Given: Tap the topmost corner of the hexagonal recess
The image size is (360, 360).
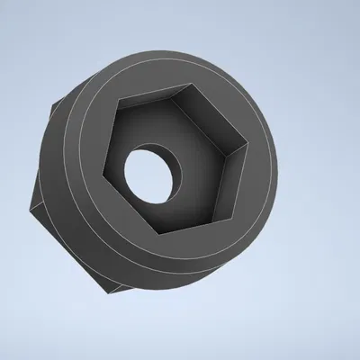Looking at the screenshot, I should pyautogui.click(x=189, y=87).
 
